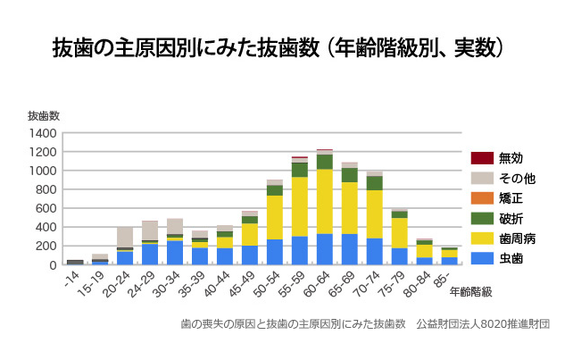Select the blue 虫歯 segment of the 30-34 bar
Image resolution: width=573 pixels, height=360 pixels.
tap(174, 253)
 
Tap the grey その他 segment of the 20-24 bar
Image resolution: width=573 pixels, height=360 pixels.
tap(124, 237)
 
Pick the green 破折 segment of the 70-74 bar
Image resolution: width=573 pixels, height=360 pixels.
tap(374, 182)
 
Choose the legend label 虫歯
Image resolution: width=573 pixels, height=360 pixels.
tap(511, 257)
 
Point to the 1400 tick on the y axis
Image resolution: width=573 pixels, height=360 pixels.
tap(46, 133)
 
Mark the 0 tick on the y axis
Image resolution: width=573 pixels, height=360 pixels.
tap(54, 265)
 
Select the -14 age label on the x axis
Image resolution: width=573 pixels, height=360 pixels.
tap(72, 278)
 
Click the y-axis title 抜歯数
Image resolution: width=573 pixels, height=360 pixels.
tap(44, 116)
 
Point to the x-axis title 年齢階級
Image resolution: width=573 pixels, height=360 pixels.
tap(470, 291)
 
